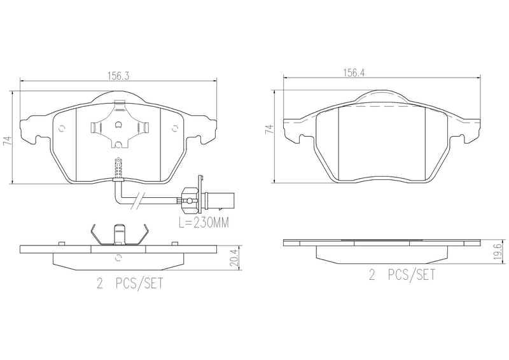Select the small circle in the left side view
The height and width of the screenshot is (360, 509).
pos(118,257)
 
